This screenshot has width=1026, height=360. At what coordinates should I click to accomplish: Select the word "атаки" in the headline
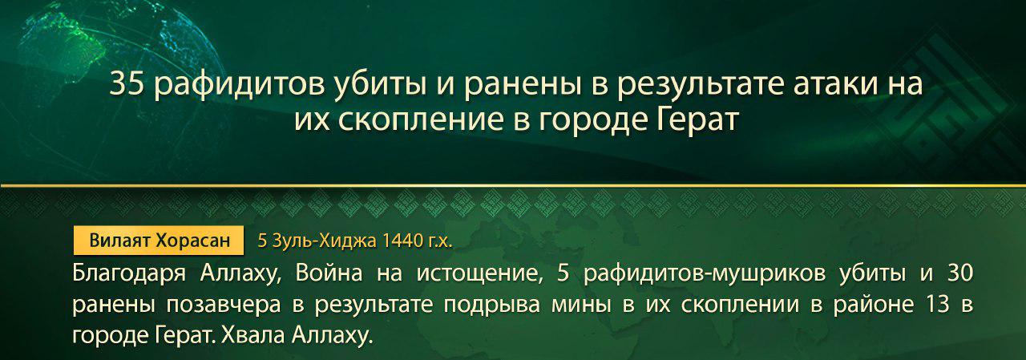[821, 84]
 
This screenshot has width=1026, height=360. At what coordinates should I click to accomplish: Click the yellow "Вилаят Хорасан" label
[159, 240]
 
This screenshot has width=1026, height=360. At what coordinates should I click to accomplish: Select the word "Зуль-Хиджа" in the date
[324, 240]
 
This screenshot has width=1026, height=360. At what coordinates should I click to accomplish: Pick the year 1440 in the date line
[402, 240]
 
